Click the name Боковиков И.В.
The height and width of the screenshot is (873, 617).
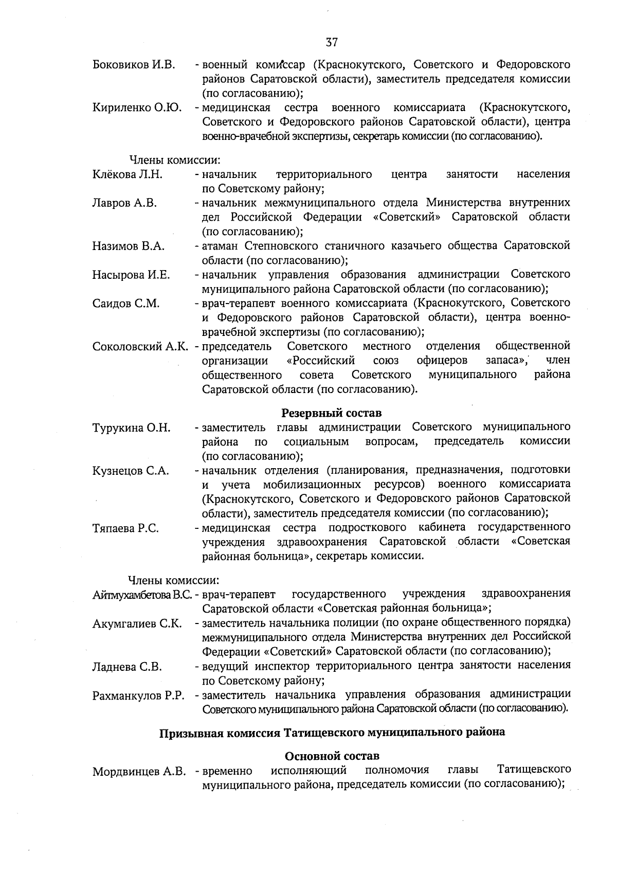pos(134,65)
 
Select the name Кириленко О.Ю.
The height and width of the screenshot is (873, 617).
pos(137,108)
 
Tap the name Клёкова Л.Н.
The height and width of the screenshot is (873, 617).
pos(128,174)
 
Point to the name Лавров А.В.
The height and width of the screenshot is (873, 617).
pos(124,203)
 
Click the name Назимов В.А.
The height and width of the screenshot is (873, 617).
pos(129,246)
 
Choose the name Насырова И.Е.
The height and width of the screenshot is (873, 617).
pos(131,275)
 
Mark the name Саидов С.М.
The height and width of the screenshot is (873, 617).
pos(126,304)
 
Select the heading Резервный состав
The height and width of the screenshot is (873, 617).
pos(332,413)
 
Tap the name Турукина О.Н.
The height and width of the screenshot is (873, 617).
pos(131,428)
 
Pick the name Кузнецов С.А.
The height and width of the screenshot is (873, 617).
pos(131,471)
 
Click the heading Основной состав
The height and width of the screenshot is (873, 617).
pos(332,756)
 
